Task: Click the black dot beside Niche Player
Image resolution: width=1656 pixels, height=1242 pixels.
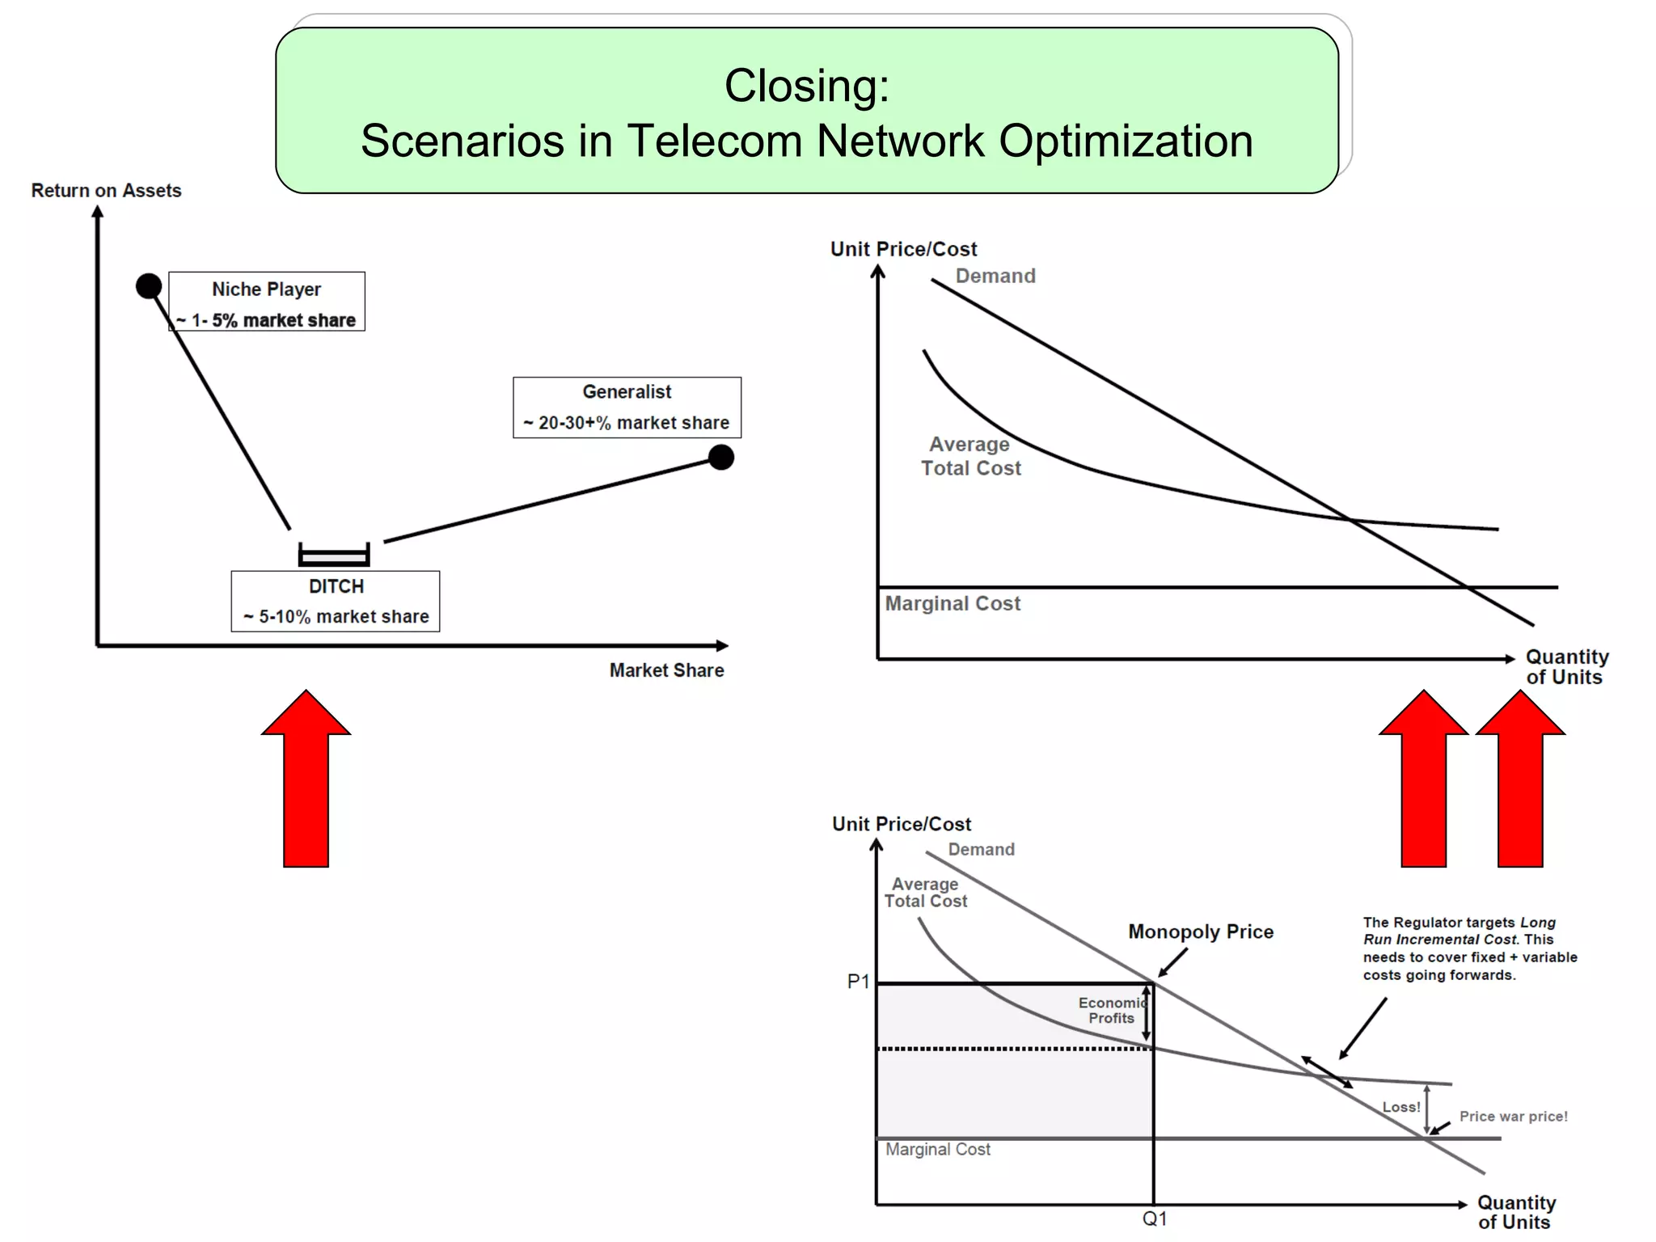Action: click(x=149, y=285)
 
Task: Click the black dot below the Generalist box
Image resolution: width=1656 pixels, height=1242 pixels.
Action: click(x=720, y=458)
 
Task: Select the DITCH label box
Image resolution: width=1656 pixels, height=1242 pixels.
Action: click(x=336, y=601)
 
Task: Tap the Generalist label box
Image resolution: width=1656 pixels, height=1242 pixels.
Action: click(x=627, y=408)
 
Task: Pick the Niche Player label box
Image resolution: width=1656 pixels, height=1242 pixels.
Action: click(x=267, y=302)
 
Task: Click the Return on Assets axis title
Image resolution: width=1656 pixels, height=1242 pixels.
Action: click(x=106, y=191)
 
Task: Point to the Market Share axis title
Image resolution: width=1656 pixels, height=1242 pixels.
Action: click(x=666, y=670)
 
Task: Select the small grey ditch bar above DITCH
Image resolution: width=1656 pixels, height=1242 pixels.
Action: click(x=334, y=556)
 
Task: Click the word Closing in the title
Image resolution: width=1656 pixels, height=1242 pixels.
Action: click(x=806, y=86)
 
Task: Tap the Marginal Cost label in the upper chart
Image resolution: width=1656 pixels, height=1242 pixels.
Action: click(x=953, y=604)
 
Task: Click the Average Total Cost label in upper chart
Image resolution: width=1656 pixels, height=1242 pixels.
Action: click(x=971, y=456)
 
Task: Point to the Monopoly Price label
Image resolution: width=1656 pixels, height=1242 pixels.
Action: click(x=1201, y=931)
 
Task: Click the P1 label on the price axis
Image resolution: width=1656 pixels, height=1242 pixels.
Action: click(x=858, y=982)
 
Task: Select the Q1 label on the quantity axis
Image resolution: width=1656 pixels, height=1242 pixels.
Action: click(x=1155, y=1219)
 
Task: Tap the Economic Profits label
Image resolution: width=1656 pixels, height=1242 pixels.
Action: click(x=1111, y=1010)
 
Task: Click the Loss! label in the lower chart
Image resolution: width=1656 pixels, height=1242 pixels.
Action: click(x=1400, y=1107)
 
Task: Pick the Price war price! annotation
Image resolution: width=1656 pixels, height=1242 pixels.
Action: click(x=1513, y=1117)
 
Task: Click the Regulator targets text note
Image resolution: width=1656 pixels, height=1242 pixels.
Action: click(x=1469, y=948)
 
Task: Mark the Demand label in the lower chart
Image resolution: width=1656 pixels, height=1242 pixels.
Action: click(x=981, y=849)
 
